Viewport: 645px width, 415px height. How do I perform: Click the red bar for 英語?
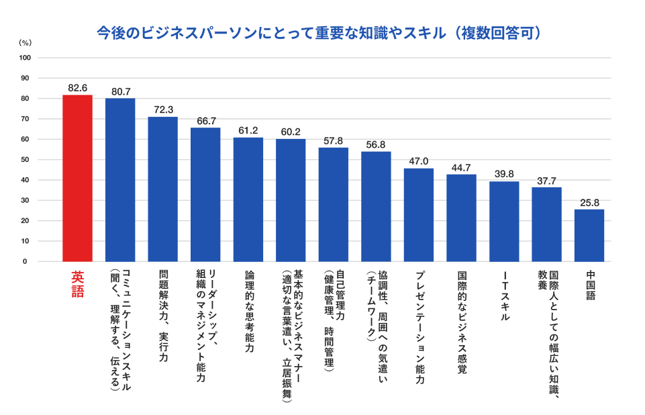[x=77, y=178]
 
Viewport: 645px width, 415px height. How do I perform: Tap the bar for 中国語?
[x=589, y=235]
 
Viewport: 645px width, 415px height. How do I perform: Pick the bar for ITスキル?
[x=504, y=221]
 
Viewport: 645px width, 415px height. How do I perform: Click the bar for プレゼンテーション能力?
[x=419, y=215]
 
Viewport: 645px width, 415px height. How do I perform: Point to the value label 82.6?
[x=78, y=88]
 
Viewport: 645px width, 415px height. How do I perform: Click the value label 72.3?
[x=163, y=109]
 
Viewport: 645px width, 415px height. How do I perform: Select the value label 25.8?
[x=589, y=202]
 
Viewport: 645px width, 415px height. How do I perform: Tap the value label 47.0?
[x=419, y=161]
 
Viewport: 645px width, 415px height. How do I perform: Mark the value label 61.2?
[x=248, y=130]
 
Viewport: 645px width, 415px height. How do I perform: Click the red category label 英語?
[x=78, y=284]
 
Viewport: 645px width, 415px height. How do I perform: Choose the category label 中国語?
[x=590, y=285]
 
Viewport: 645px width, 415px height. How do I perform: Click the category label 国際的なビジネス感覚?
[x=462, y=322]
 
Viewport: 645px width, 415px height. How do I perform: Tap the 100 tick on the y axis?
[x=24, y=58]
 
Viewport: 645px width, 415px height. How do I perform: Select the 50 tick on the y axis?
[x=26, y=160]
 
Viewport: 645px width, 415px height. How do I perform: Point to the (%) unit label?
[x=25, y=42]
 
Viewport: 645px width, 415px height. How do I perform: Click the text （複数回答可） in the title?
[x=496, y=32]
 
